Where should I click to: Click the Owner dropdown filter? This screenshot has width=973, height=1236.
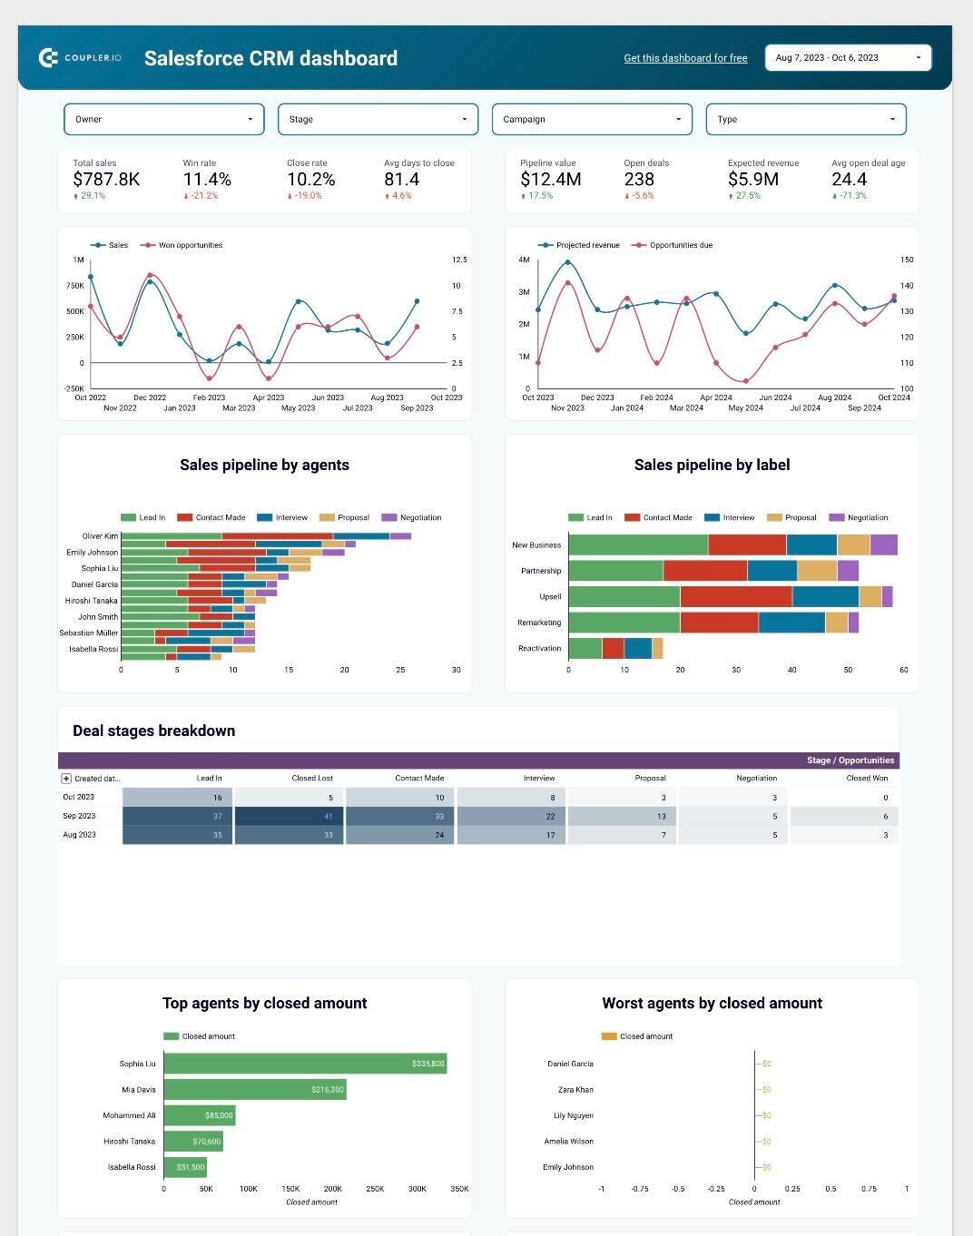pos(163,119)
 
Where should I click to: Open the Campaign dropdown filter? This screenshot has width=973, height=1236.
pos(592,119)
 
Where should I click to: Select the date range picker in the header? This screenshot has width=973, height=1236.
pos(848,58)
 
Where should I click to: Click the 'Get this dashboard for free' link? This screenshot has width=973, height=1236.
pos(685,58)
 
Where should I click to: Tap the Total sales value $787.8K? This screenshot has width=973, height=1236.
pos(106,180)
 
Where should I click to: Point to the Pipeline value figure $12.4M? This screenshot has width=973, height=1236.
pos(551,180)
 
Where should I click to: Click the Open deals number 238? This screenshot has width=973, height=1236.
pos(639,180)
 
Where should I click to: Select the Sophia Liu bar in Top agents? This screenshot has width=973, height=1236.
pos(305,1064)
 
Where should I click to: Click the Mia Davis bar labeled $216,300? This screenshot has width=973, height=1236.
pos(255,1089)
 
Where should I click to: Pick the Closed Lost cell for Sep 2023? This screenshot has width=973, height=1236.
pos(289,816)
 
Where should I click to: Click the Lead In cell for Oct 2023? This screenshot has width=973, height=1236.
pos(177,798)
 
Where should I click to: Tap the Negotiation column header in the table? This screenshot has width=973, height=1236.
pos(756,778)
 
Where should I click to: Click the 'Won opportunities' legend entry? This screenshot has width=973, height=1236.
pos(190,245)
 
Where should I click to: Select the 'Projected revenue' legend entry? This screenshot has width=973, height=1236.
pos(587,245)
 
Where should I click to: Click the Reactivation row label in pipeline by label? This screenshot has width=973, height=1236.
pos(539,648)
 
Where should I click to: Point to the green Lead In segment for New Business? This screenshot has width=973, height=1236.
pos(638,544)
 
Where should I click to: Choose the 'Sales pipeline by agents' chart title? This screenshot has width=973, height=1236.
pos(264,465)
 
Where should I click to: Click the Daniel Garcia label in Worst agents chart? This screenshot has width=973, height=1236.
pos(570,1064)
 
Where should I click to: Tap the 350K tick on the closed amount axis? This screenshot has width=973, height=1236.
pos(459,1188)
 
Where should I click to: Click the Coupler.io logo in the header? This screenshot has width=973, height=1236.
pos(80,58)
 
